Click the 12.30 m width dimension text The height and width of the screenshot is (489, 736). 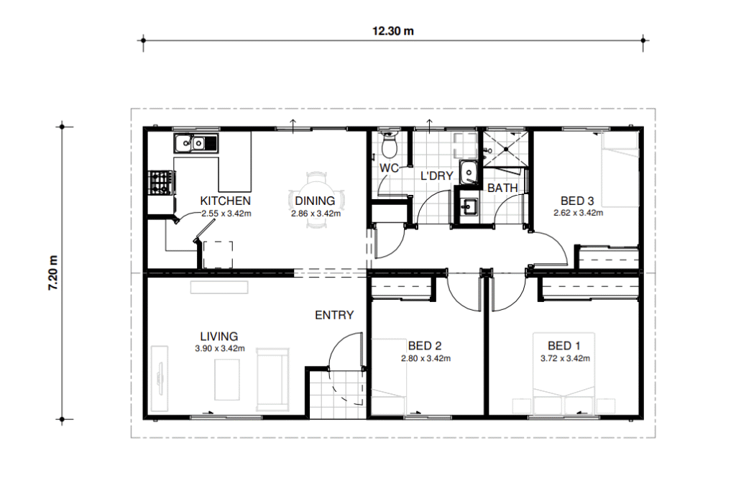(x=393, y=31)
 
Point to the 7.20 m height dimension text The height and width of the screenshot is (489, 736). (x=53, y=273)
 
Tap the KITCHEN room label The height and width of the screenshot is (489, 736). (x=225, y=201)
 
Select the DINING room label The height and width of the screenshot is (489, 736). (x=315, y=201)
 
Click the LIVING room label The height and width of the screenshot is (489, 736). (x=219, y=337)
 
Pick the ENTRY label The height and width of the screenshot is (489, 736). (x=334, y=315)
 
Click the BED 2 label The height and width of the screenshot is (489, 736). (x=425, y=346)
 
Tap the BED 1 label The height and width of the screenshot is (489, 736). (x=564, y=346)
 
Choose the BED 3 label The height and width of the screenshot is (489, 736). (x=577, y=201)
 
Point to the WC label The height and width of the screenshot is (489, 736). (x=389, y=168)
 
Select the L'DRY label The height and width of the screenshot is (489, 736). (x=436, y=176)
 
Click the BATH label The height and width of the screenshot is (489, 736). (x=502, y=188)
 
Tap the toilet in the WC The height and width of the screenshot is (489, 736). (x=389, y=145)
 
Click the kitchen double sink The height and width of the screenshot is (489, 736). (x=196, y=143)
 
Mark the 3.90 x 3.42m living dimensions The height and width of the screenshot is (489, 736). (x=220, y=349)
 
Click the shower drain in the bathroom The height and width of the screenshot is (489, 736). (x=507, y=150)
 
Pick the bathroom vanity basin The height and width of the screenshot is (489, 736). (x=468, y=206)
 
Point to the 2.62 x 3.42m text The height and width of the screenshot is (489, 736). (x=579, y=213)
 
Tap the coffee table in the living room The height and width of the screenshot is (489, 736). (x=227, y=380)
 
